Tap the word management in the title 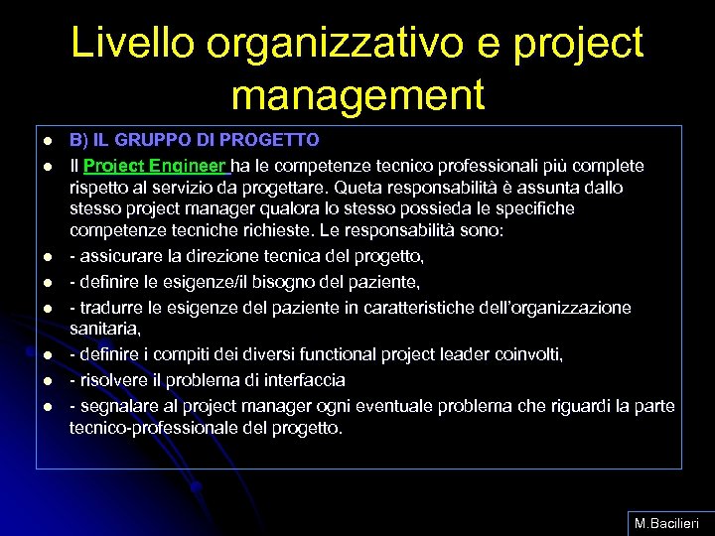coord(357,95)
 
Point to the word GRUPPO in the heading coord(150,140)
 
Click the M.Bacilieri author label coord(667,522)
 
